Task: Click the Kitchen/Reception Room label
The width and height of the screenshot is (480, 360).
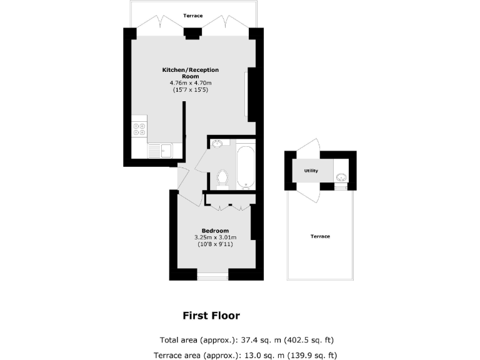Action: click(191, 72)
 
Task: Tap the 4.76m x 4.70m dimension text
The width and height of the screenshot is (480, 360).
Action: click(191, 83)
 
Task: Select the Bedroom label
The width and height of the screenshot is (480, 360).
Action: click(215, 231)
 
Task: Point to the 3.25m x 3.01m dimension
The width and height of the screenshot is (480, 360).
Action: click(215, 237)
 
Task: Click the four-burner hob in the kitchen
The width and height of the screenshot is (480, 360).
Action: click(139, 129)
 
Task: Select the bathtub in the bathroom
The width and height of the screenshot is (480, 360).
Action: click(245, 166)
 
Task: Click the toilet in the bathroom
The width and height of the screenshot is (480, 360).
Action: click(222, 178)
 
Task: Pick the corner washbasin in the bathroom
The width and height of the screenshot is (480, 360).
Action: click(216, 144)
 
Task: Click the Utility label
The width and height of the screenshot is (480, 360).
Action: click(311, 171)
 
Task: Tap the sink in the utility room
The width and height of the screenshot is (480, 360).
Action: click(341, 175)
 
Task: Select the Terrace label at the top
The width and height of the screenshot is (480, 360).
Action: click(192, 15)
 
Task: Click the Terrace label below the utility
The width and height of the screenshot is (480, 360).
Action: click(320, 236)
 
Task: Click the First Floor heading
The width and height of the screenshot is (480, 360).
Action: click(211, 316)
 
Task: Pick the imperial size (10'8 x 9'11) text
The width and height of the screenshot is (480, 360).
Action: click(215, 245)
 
